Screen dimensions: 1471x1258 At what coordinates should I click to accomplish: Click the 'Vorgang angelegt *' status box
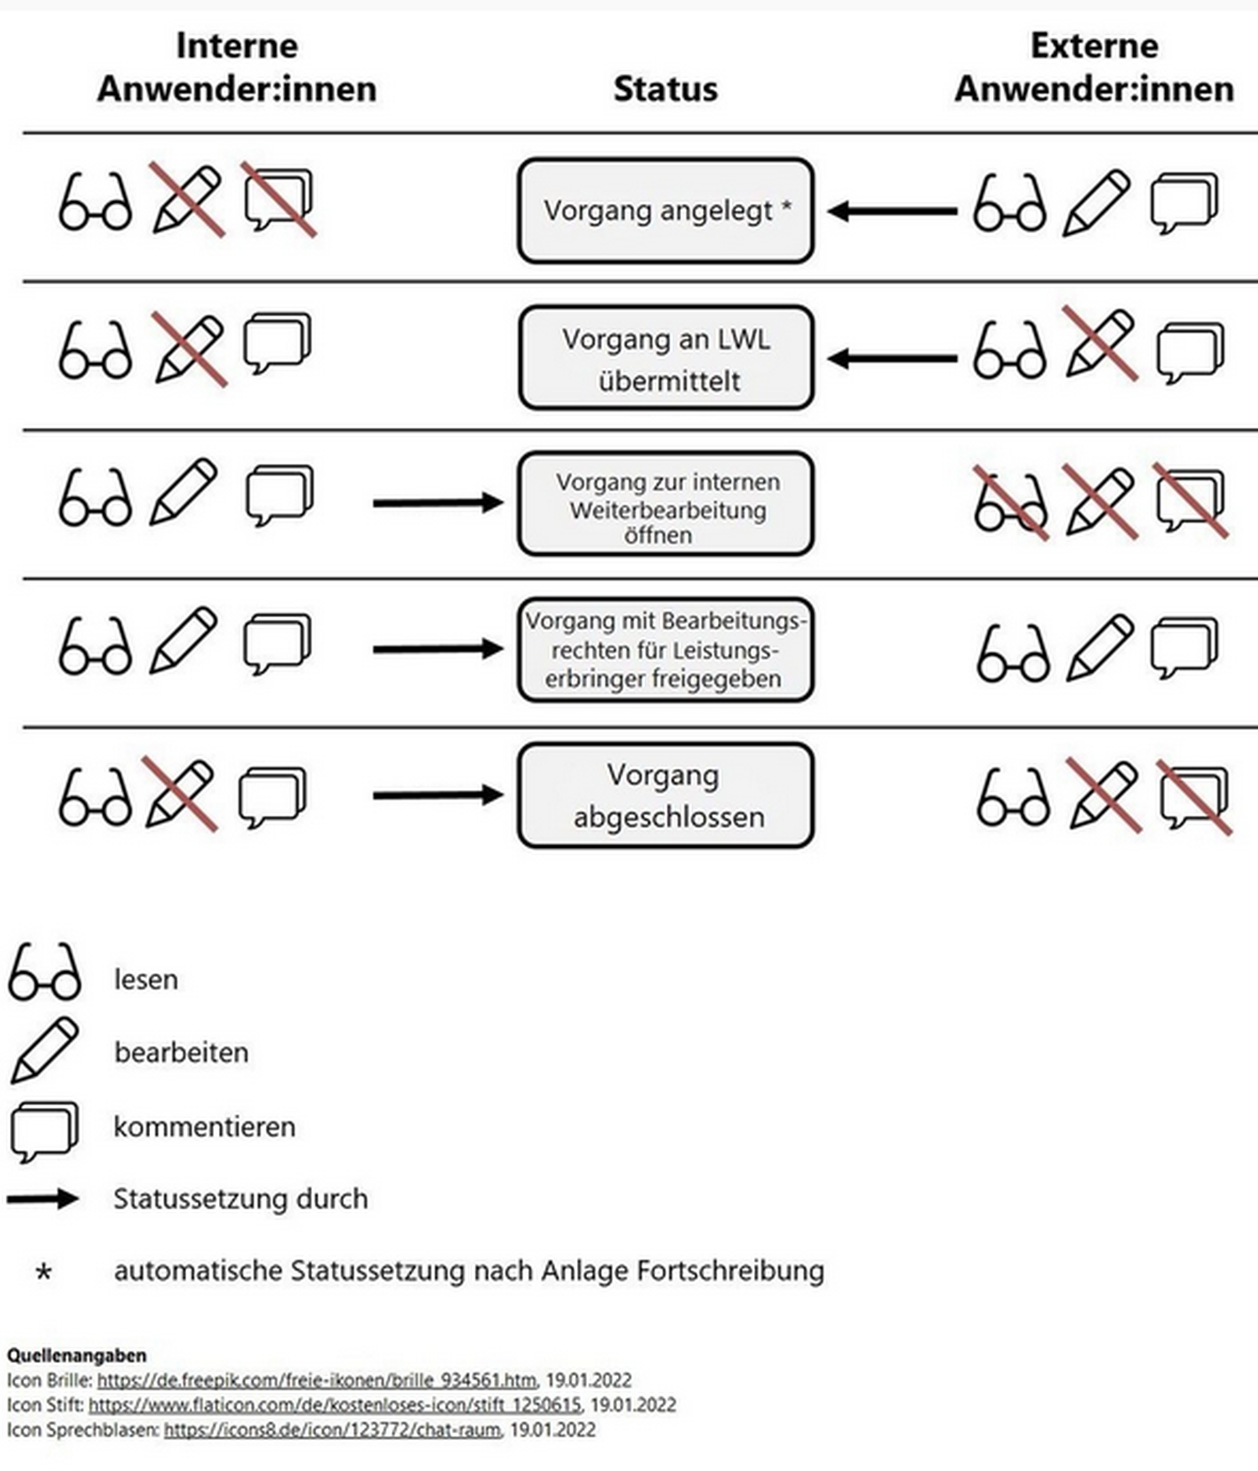(x=665, y=211)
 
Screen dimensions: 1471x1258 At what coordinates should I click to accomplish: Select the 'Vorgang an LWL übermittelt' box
(x=665, y=358)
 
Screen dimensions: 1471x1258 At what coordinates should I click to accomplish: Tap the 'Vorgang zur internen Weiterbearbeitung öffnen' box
(x=665, y=504)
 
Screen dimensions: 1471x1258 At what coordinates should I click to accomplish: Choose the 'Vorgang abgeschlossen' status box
(x=665, y=795)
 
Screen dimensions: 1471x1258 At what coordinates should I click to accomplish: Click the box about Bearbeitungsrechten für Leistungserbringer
(x=665, y=650)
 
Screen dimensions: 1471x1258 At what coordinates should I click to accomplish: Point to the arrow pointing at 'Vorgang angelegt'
(x=892, y=211)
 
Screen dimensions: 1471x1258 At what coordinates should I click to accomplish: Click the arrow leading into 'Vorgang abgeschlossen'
(x=438, y=795)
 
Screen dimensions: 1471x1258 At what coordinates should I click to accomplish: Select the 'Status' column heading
(x=665, y=89)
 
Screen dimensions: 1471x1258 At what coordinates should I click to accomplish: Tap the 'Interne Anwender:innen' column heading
(x=237, y=67)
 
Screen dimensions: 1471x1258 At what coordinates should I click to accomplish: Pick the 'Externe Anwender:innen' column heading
(x=1094, y=67)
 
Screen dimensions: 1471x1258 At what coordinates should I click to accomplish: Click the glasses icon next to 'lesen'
(x=44, y=973)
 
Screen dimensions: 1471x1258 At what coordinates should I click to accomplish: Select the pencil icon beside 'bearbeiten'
(x=44, y=1050)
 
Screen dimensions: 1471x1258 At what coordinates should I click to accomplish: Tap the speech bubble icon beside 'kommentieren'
(x=44, y=1129)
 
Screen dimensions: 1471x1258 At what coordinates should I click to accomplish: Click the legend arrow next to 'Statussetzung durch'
(x=43, y=1199)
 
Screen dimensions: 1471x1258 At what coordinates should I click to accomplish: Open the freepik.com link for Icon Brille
(x=316, y=1380)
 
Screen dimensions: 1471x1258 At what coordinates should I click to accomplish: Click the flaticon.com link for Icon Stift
(x=335, y=1405)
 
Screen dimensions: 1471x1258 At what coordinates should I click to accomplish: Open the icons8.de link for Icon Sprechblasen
(x=332, y=1430)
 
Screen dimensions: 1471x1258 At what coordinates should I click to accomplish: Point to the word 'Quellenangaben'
(x=76, y=1355)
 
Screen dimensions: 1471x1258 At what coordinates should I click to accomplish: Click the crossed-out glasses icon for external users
(x=1011, y=502)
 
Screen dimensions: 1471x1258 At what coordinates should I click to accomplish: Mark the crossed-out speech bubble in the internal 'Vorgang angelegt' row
(x=278, y=200)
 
